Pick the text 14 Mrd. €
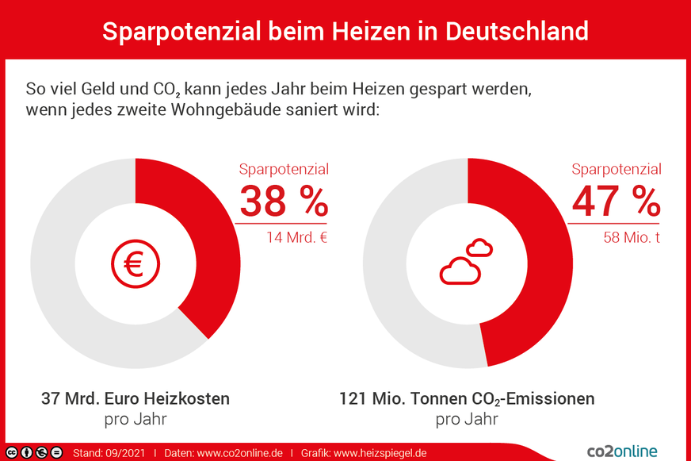[x=297, y=236]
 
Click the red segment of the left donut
[x=206, y=238]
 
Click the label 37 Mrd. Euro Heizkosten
[x=136, y=398]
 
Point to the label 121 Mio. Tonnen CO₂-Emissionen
[x=467, y=398]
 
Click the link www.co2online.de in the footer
[x=239, y=453]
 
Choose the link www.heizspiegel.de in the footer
[x=380, y=453]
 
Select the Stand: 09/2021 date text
[x=109, y=453]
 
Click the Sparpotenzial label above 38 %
[x=284, y=169]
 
